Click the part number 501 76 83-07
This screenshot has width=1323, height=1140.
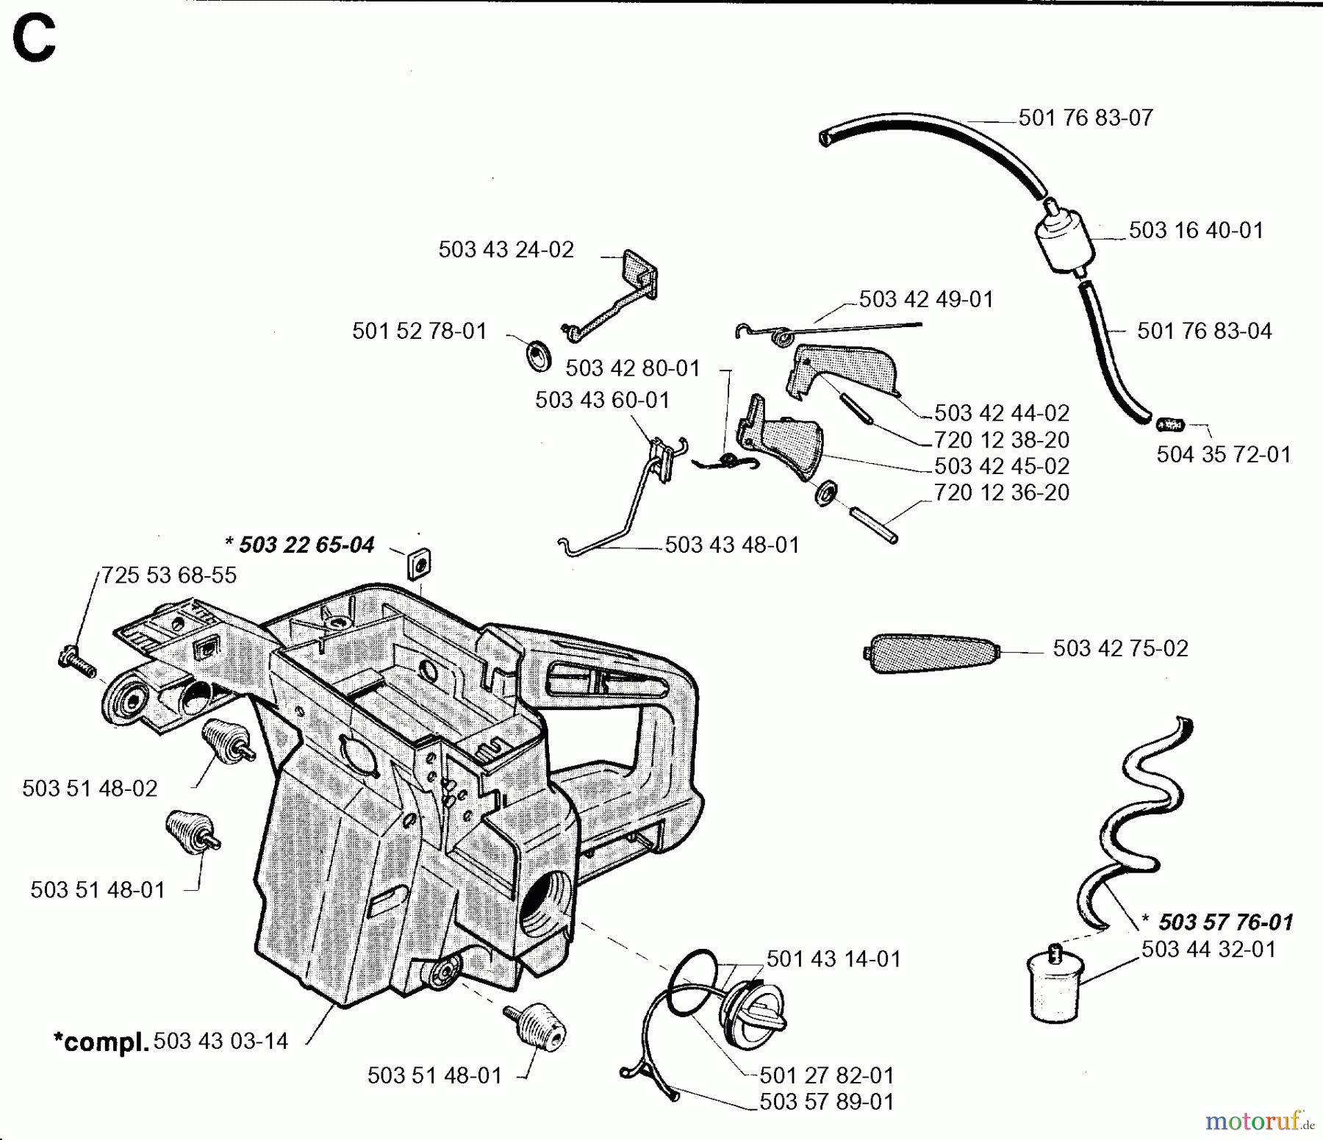point(1085,118)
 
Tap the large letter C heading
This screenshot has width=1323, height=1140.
point(34,41)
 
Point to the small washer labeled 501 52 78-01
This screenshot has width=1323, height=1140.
point(540,355)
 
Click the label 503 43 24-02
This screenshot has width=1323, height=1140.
point(506,250)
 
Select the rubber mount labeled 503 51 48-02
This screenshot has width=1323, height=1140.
point(226,743)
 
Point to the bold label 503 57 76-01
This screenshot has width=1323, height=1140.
point(1225,922)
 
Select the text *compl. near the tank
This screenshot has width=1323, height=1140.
point(101,1042)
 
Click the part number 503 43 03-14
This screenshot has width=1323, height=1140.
point(220,1042)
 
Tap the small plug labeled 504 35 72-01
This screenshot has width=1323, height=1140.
point(1170,425)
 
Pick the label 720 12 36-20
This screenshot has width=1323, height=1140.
point(1001,492)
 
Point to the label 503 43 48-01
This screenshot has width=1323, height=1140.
point(731,545)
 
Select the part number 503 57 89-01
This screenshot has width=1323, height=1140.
point(826,1102)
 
